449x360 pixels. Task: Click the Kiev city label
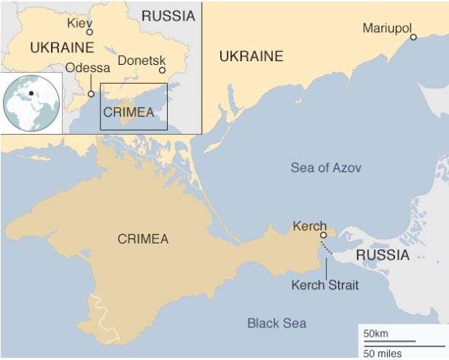[x=79, y=23]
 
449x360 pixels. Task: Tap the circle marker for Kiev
[x=90, y=32]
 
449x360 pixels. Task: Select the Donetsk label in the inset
[x=141, y=60]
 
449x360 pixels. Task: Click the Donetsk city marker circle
[x=163, y=71]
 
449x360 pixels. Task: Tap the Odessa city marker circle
[x=91, y=93]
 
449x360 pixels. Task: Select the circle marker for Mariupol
[x=413, y=36]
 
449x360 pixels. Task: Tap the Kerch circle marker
[x=324, y=235]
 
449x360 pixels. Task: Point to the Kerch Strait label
[x=324, y=285]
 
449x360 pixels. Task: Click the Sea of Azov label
[x=326, y=168]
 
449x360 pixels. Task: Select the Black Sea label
[x=276, y=323]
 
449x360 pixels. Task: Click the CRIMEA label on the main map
[x=143, y=239]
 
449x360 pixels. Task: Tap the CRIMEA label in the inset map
[x=128, y=112]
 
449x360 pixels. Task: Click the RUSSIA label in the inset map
[x=168, y=15]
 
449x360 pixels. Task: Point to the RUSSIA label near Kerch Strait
[x=383, y=255]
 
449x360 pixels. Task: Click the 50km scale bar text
[x=377, y=333]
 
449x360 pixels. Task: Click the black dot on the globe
[x=31, y=93]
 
